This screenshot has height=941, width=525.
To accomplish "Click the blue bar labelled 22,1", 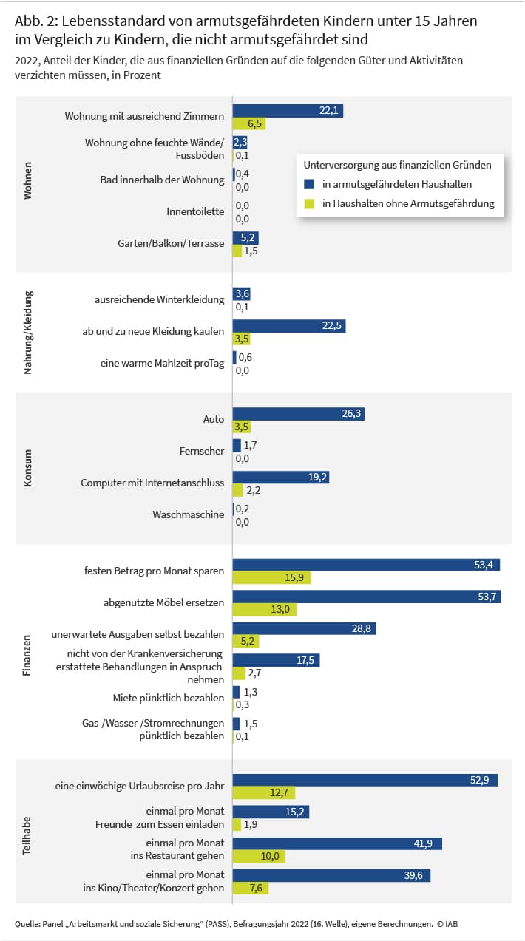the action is coord(288,110).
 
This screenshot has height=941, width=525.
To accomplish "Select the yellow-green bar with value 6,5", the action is coord(249,123).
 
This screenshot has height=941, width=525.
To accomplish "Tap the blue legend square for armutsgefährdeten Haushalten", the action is coord(309,184).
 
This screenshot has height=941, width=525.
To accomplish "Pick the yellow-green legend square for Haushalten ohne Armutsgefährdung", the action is coord(309,204).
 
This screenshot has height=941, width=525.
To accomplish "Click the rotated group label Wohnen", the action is coord(27,180).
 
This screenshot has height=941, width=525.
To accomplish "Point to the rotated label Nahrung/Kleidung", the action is coord(27,333).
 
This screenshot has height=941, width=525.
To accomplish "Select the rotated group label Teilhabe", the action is coord(27,835).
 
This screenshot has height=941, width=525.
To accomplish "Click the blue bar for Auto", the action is coord(299,414).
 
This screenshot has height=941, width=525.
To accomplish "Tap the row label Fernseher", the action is coord(202,451).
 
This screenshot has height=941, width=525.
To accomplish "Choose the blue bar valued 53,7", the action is coord(367,597).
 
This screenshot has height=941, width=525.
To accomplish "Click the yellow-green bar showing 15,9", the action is coord(271,577).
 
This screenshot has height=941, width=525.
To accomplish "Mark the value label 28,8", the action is coord(361,628).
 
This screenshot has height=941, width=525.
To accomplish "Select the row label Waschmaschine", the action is coord(189,514).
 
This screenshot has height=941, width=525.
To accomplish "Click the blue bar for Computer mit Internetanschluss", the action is coord(281,478).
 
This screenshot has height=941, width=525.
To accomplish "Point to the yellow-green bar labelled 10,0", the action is coord(259,856).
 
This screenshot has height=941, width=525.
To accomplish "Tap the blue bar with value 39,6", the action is coord(332,875).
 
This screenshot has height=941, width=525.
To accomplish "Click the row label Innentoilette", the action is coord(195,211).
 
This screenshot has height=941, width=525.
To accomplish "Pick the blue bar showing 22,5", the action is coord(289,326).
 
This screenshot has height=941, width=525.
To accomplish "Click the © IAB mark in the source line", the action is coord(447,924).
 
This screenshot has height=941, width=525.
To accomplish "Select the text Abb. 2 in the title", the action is coord(35,21).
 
